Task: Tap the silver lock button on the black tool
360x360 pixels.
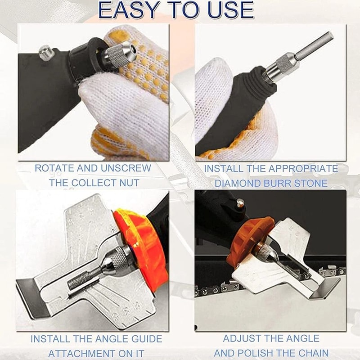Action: click(x=46, y=53)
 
